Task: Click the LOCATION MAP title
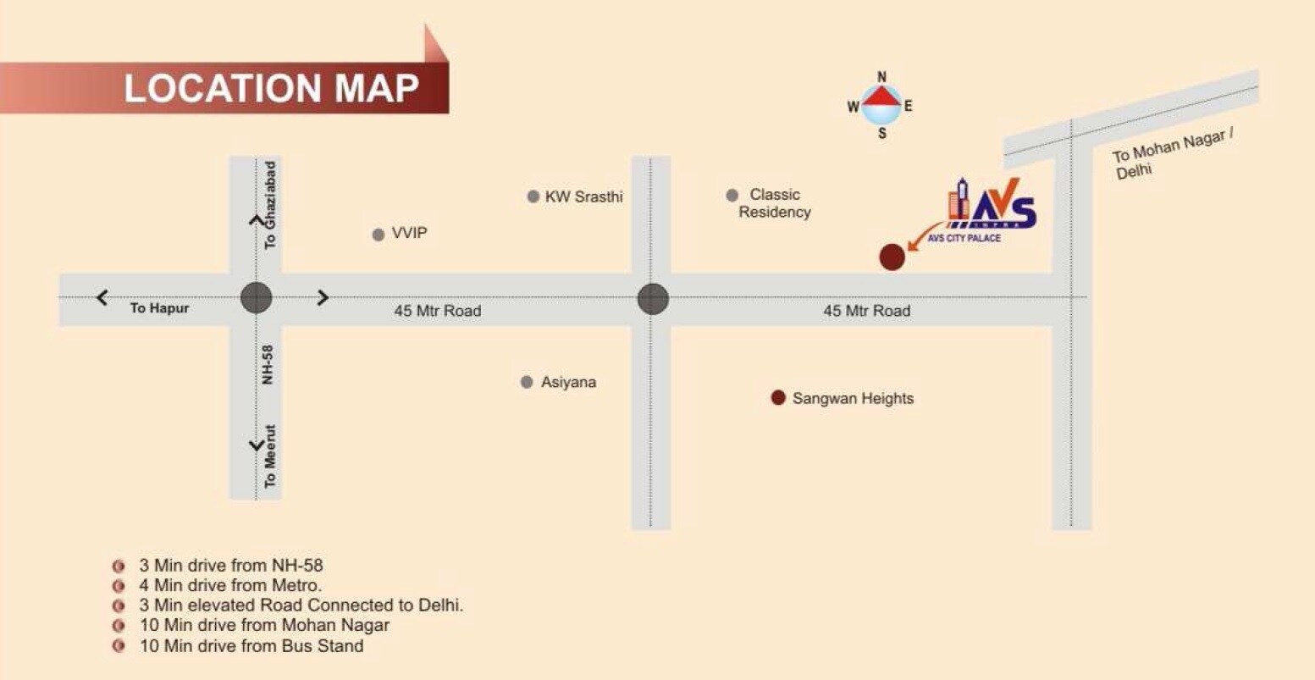[271, 88]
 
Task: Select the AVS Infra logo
[991, 206]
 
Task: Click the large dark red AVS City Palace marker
[892, 257]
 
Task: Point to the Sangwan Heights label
[853, 398]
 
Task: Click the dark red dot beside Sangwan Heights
[778, 398]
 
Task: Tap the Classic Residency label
[774, 203]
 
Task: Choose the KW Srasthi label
[583, 196]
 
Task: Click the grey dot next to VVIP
[378, 235]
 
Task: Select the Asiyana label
[568, 382]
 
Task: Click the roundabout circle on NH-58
[256, 298]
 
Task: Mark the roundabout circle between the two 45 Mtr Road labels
[653, 298]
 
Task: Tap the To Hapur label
[159, 308]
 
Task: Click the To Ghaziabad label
[270, 204]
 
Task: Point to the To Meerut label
[270, 456]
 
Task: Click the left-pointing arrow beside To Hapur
[102, 297]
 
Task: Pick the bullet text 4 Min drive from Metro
[230, 585]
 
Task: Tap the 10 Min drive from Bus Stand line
[251, 646]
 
